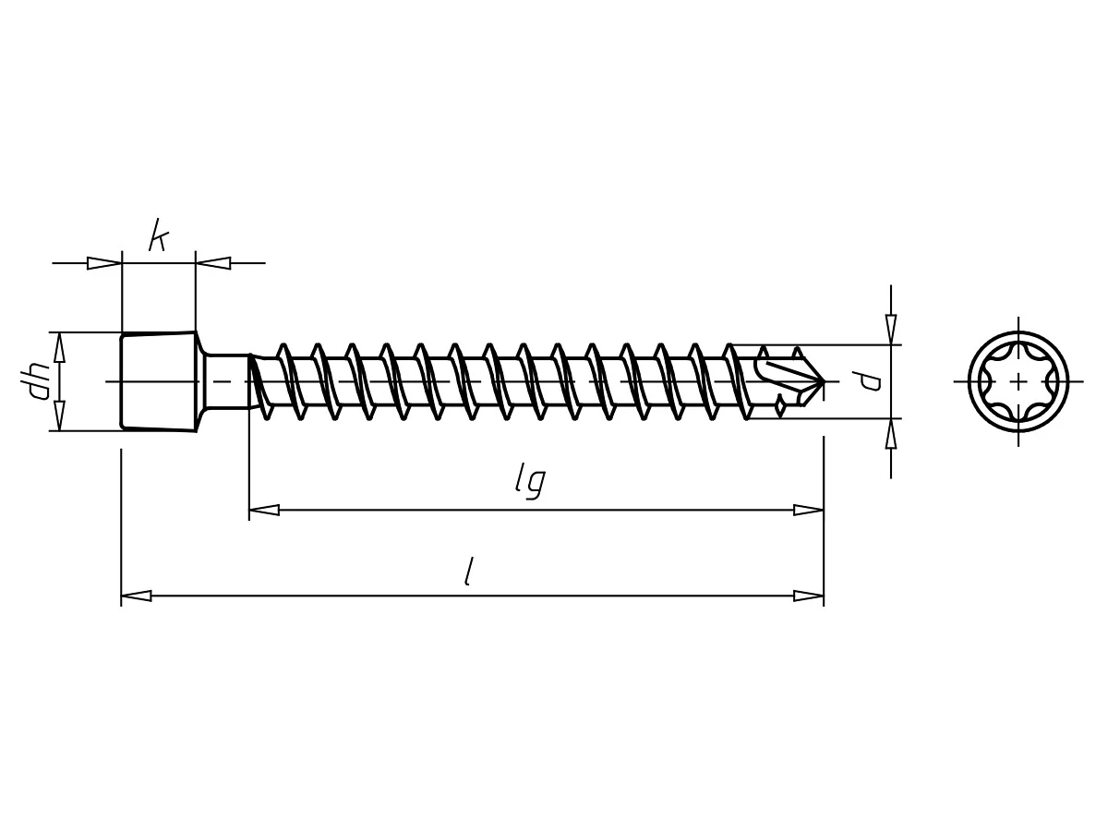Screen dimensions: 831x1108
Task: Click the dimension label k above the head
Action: coord(158,238)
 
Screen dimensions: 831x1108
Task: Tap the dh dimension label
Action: coord(39,379)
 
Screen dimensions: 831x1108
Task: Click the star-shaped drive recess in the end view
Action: coord(1018,380)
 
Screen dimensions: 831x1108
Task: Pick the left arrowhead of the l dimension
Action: coord(136,596)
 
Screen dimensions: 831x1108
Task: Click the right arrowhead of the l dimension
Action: coord(809,596)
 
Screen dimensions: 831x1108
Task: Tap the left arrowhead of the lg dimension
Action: coord(264,510)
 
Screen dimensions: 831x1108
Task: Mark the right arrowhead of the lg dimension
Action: coord(809,510)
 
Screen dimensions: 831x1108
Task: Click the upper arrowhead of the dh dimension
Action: coord(60,347)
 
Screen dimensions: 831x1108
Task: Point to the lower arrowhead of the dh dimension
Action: coord(60,415)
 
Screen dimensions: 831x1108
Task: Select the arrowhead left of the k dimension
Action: coord(104,263)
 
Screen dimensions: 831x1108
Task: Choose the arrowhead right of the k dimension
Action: coord(213,263)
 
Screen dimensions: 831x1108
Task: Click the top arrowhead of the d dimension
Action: coord(891,329)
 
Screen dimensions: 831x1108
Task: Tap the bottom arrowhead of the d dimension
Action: coord(891,433)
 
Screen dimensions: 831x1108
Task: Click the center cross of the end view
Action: coord(1018,380)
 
